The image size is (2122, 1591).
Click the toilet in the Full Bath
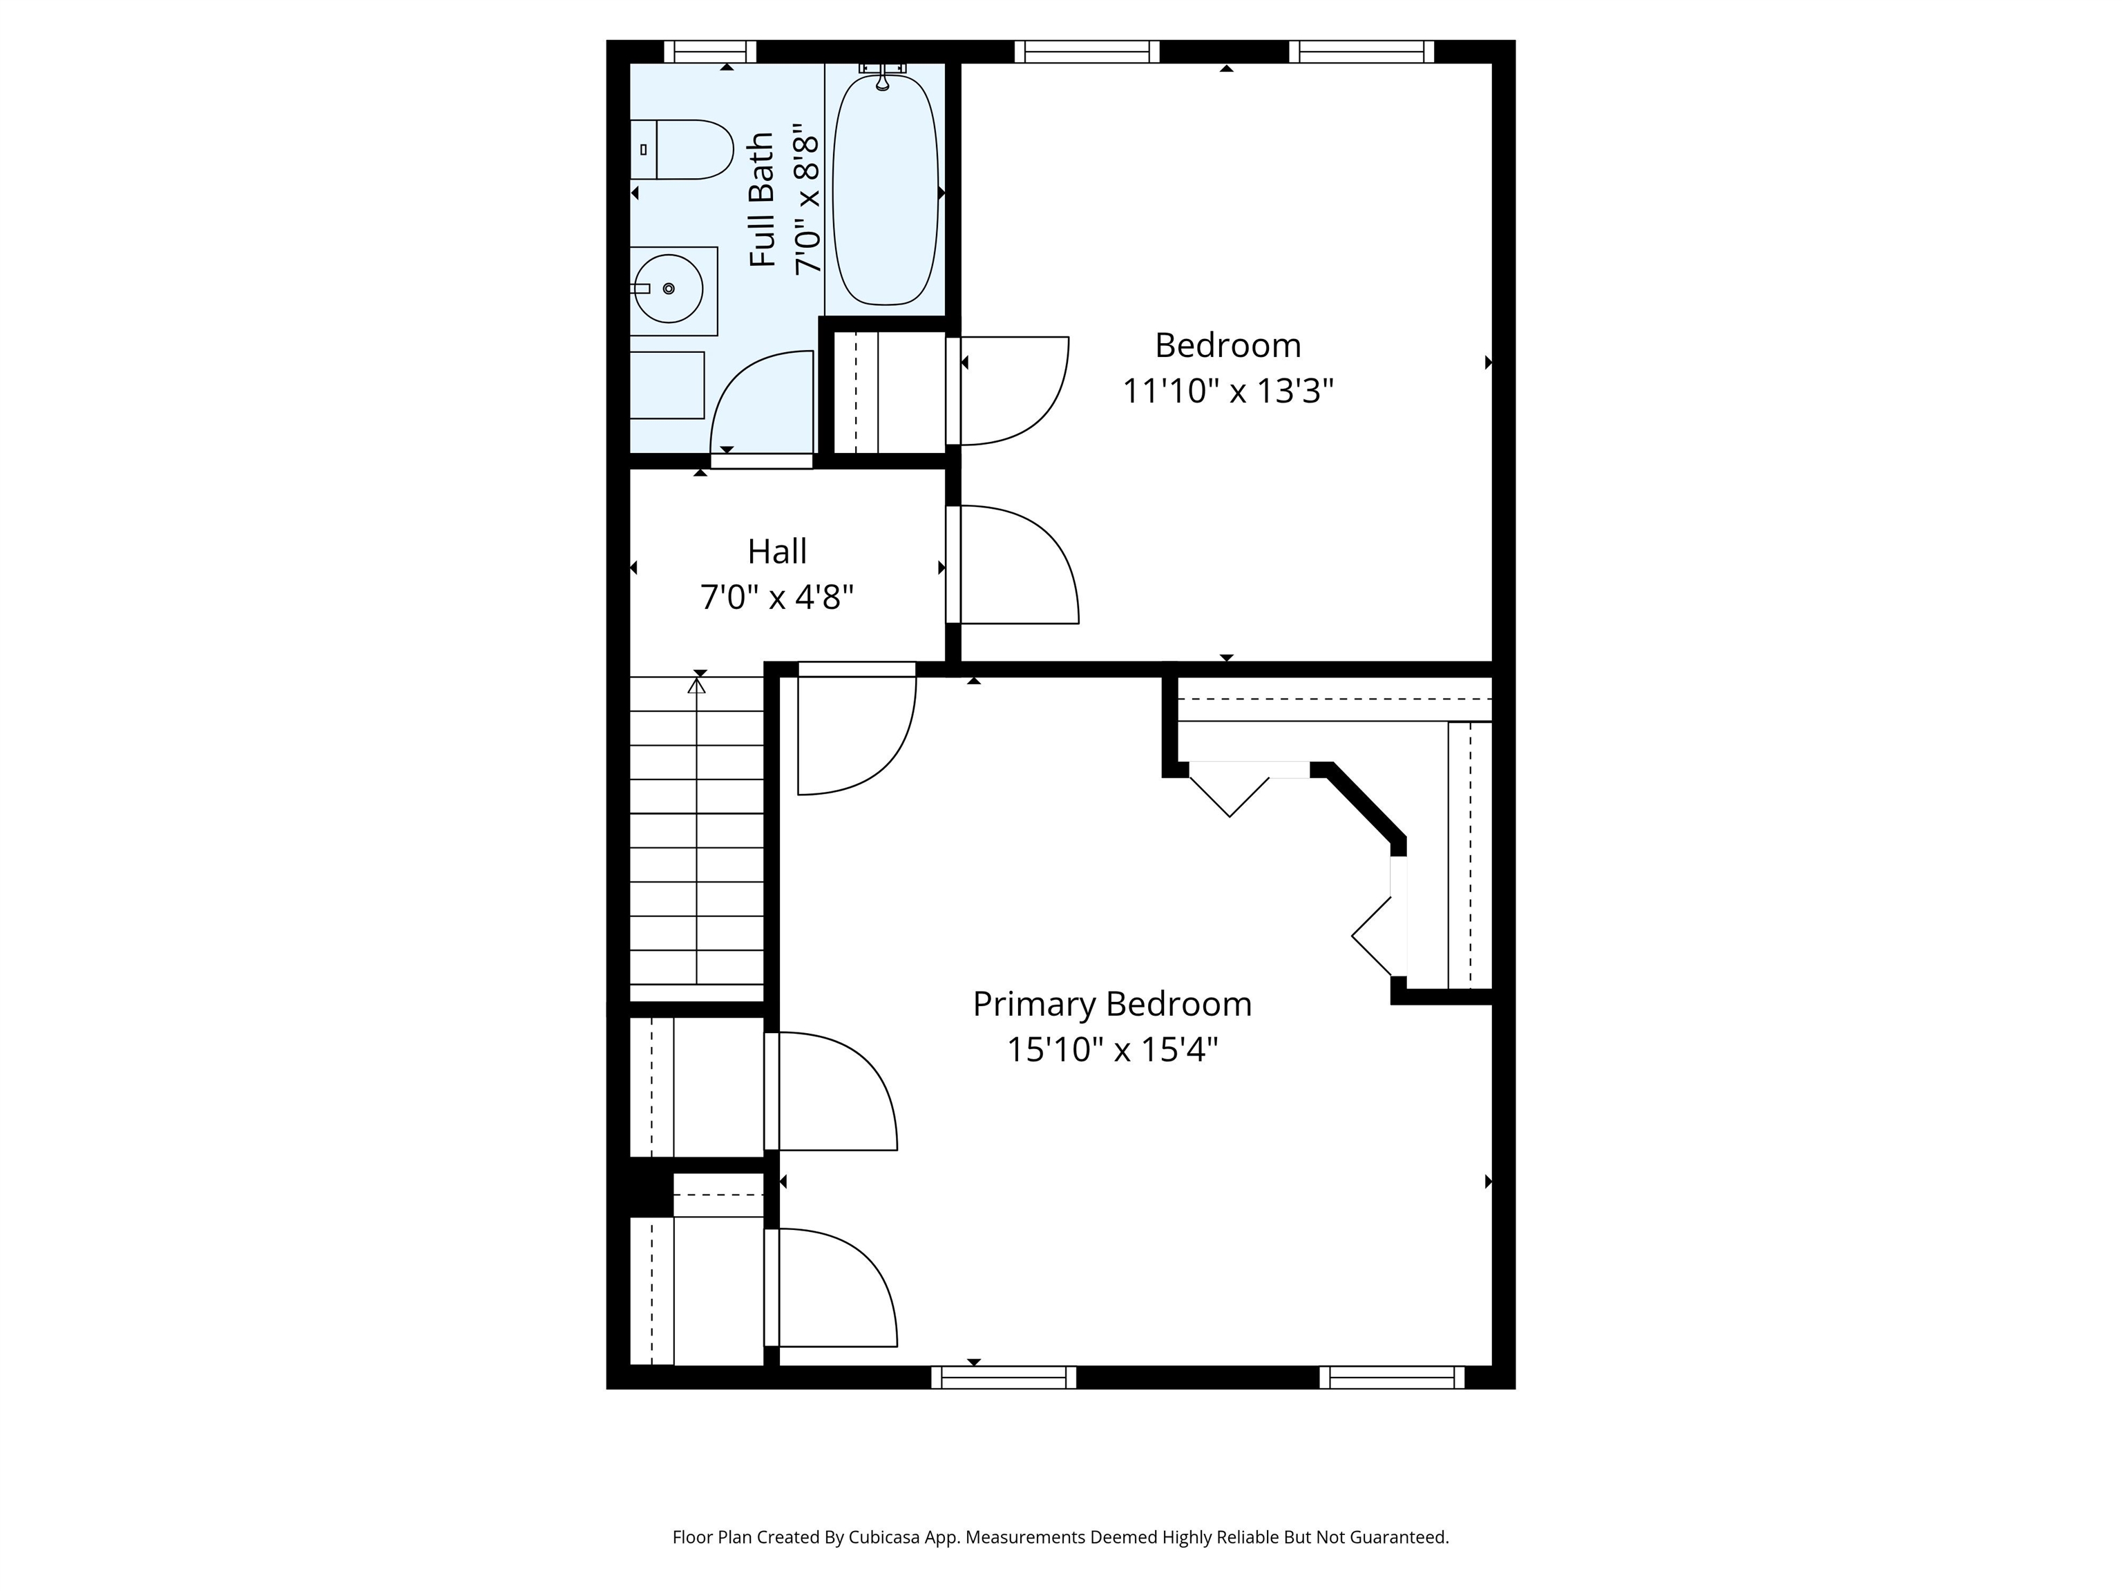pyautogui.click(x=681, y=150)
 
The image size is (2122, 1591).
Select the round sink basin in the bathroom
pyautogui.click(x=669, y=288)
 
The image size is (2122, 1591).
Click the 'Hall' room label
pyautogui.click(x=777, y=552)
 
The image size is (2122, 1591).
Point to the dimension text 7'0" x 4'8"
pyautogui.click(x=777, y=597)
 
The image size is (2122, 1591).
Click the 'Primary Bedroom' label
pyautogui.click(x=1112, y=1004)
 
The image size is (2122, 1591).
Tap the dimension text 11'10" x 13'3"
pyautogui.click(x=1228, y=392)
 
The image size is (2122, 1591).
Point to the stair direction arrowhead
pyautogui.click(x=698, y=686)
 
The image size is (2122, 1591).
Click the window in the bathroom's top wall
pyautogui.click(x=710, y=52)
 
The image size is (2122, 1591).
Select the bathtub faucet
pyautogui.click(x=883, y=75)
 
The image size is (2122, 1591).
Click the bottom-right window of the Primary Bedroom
pyautogui.click(x=1392, y=1377)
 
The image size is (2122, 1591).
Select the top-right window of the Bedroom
pyautogui.click(x=1361, y=52)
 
